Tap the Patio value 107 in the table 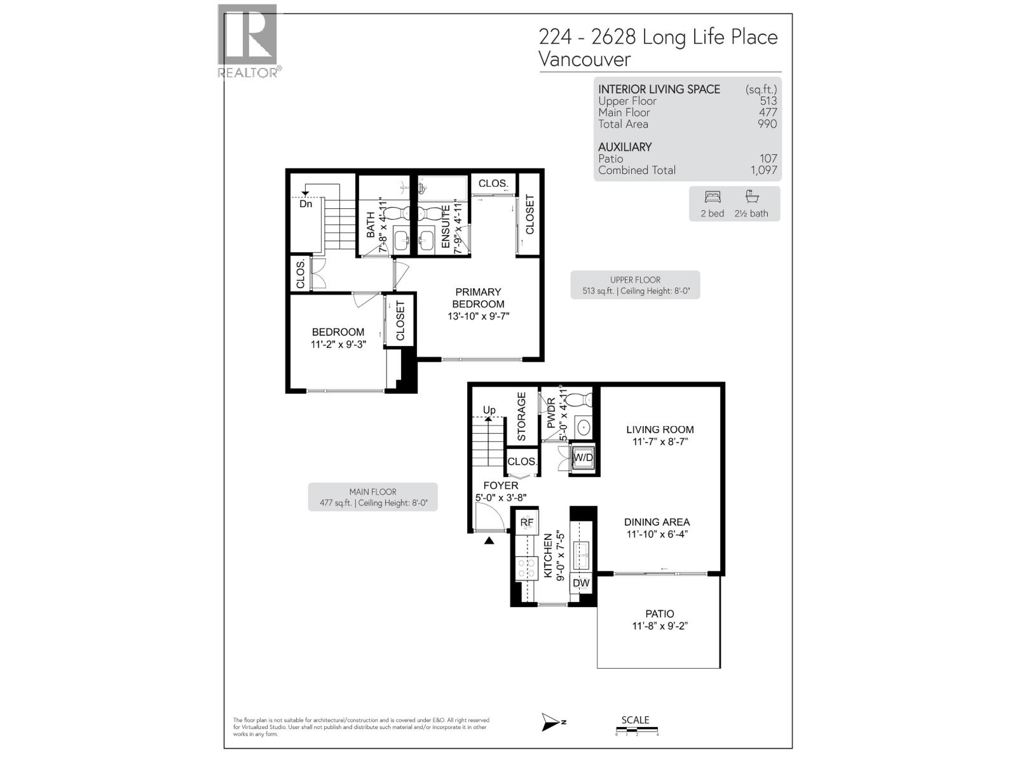(768, 159)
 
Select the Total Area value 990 (767, 124)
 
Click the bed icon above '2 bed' (713, 197)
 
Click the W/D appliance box (583, 458)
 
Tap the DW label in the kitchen (581, 583)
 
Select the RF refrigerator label (527, 523)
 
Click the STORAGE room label (522, 417)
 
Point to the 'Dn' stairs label (306, 204)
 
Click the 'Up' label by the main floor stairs (489, 410)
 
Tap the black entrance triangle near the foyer (489, 541)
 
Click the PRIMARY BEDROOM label (479, 298)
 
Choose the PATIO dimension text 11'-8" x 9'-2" (660, 626)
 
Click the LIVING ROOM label (660, 430)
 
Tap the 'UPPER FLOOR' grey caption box (635, 285)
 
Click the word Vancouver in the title (585, 59)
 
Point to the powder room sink (582, 427)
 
